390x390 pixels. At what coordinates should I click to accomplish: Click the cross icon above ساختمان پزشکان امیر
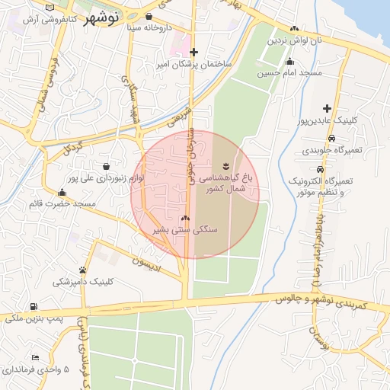coord(194,52)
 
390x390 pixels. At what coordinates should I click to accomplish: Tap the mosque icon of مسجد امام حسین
coord(289,62)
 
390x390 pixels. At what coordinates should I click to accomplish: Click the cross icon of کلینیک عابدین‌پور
coord(328,109)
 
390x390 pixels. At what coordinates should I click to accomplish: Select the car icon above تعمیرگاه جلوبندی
coord(331,139)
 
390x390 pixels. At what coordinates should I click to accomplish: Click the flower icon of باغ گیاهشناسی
coord(225,166)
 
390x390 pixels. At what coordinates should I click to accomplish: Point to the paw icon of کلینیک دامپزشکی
coord(82,270)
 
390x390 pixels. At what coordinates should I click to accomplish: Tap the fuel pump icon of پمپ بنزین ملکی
coord(33,306)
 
